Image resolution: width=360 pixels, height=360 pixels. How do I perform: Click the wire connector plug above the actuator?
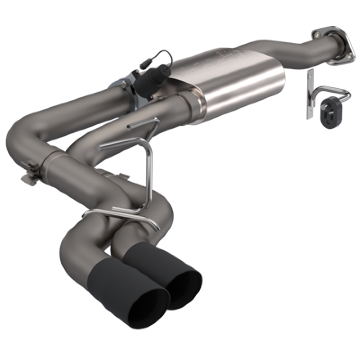(x=160, y=58)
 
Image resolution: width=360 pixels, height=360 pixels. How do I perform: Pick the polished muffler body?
(x=234, y=83)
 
